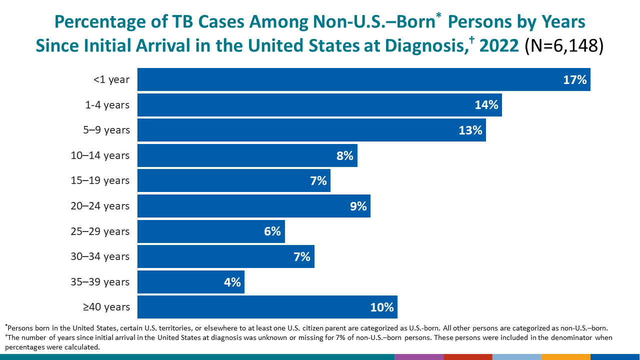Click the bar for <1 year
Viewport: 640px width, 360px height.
coord(363,79)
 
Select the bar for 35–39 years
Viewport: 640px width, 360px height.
coord(190,282)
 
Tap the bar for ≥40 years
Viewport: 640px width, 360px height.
coord(267,307)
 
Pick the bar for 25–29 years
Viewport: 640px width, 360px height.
coord(210,231)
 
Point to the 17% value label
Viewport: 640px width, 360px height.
coord(574,79)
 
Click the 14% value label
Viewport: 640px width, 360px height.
coord(486,105)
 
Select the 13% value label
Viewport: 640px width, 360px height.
coord(470,130)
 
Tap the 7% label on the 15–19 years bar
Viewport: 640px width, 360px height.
coord(318,180)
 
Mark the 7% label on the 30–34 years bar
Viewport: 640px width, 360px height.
coord(302,256)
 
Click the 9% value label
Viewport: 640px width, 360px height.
coord(358,206)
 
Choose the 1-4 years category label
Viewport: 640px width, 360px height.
coord(107,105)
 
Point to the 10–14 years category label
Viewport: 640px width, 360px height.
coord(100,155)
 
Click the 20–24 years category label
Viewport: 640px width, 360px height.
coord(100,206)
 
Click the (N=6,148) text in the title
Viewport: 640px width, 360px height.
coord(564,45)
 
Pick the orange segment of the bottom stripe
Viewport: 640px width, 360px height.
coord(565,357)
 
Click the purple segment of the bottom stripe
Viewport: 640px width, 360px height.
coord(418,357)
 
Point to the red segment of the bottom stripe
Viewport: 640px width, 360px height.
coord(467,357)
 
